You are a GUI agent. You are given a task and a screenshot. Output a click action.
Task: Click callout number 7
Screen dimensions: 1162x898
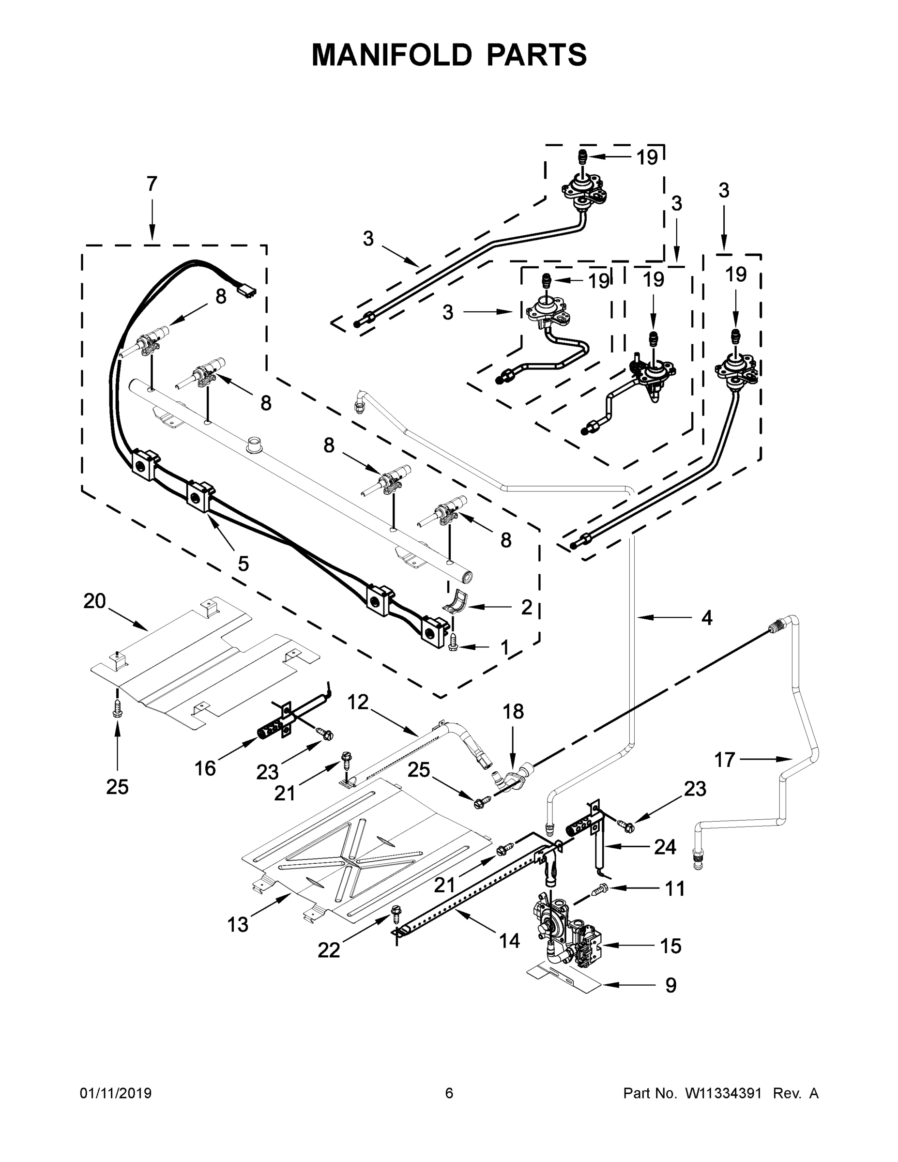tap(152, 184)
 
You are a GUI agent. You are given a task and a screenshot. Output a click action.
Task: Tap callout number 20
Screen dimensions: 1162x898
tap(95, 601)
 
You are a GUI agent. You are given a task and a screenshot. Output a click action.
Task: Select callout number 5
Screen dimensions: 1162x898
tap(243, 564)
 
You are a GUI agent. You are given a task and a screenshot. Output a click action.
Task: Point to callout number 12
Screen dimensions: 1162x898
tap(357, 703)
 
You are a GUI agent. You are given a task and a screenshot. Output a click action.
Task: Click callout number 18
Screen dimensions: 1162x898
tap(513, 711)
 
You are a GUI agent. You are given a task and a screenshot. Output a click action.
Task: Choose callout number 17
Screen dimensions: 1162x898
tap(725, 760)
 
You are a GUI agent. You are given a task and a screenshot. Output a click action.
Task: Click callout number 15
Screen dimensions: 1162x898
tap(670, 946)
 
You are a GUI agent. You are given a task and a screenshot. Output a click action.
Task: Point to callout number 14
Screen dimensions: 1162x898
tap(509, 941)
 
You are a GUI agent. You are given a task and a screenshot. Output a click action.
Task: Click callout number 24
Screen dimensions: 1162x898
tap(665, 847)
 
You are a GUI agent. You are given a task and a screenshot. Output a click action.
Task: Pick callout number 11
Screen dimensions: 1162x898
tap(675, 888)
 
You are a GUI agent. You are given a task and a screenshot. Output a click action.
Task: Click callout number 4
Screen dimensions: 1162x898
tap(706, 618)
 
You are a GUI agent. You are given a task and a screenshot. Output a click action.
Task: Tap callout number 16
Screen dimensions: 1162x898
tap(205, 768)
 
